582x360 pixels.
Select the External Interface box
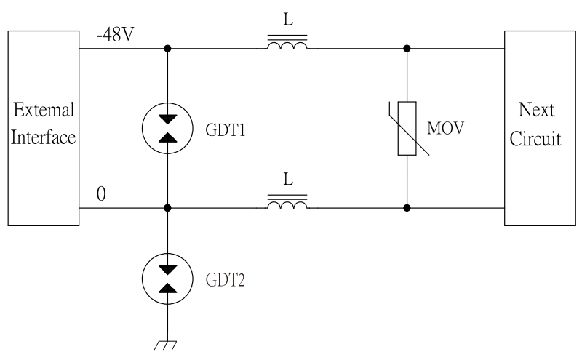coord(44,127)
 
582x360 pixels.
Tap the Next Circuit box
coord(535,127)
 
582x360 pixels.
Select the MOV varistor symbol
coord(406,129)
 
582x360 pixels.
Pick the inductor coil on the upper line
coord(287,46)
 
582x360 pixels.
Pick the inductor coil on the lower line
coord(287,205)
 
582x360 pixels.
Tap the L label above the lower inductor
coord(288,179)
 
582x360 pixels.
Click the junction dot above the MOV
coord(406,49)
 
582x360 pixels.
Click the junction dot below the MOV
coord(406,208)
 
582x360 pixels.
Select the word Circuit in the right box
coord(535,138)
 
